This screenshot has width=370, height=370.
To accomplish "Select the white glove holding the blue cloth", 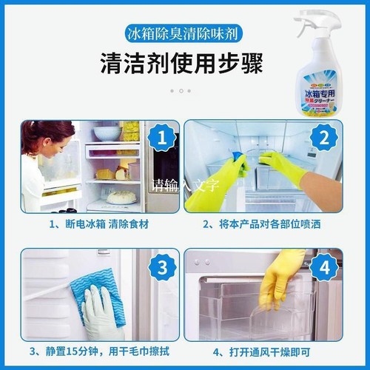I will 101,314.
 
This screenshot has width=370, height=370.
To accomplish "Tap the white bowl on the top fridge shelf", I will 108,133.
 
